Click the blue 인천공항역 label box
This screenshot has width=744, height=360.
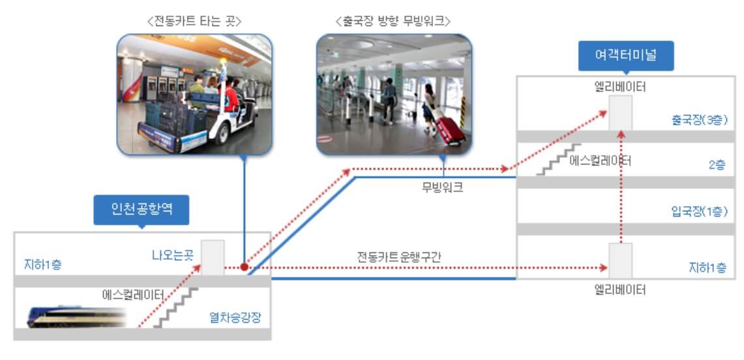(141, 211)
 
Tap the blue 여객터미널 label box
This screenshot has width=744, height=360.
(626, 56)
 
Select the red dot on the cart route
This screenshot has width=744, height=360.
(243, 267)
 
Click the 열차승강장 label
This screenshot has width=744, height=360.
(235, 317)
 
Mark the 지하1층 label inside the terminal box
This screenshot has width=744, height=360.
(707, 267)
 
